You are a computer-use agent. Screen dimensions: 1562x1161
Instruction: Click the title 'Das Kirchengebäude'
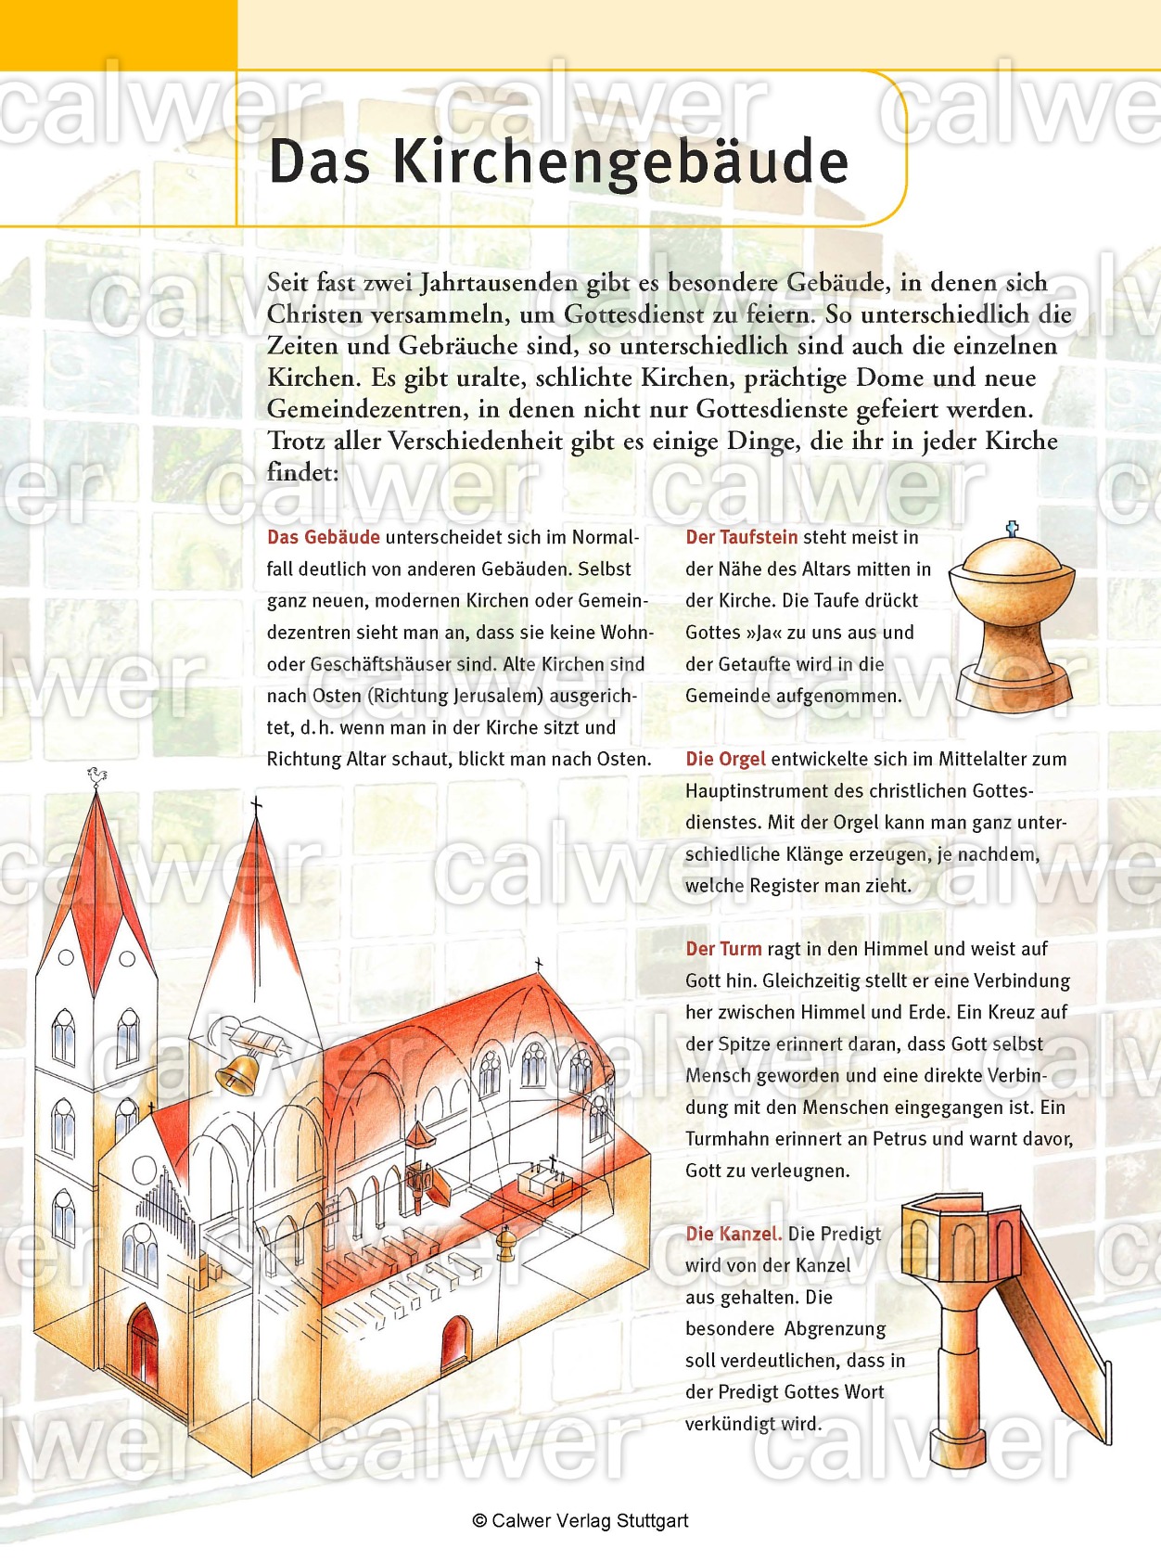click(x=558, y=161)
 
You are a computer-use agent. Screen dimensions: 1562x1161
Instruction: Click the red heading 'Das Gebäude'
click(x=323, y=537)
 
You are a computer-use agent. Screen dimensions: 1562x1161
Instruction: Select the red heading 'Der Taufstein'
click(x=741, y=537)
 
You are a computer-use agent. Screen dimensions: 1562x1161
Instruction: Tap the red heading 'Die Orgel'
click(x=725, y=759)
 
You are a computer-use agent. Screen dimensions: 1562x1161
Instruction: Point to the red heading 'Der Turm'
click(x=723, y=949)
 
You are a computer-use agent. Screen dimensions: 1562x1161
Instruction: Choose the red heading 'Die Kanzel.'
click(x=734, y=1234)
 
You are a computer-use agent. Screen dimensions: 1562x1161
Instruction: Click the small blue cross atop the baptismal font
click(x=1012, y=530)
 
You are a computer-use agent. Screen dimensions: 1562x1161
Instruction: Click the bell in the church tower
click(x=238, y=1073)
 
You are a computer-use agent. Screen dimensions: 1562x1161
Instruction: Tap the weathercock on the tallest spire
click(x=96, y=775)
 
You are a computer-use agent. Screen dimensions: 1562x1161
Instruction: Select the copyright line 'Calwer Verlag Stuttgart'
click(x=580, y=1521)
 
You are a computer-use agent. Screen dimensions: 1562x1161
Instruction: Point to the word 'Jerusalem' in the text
click(x=497, y=696)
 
